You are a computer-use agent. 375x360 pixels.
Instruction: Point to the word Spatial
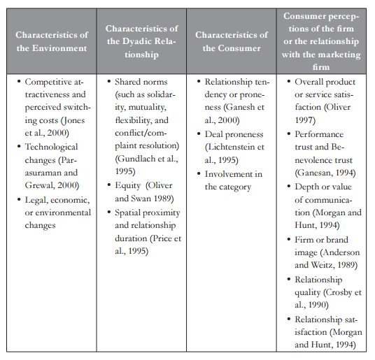tap(132, 213)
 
